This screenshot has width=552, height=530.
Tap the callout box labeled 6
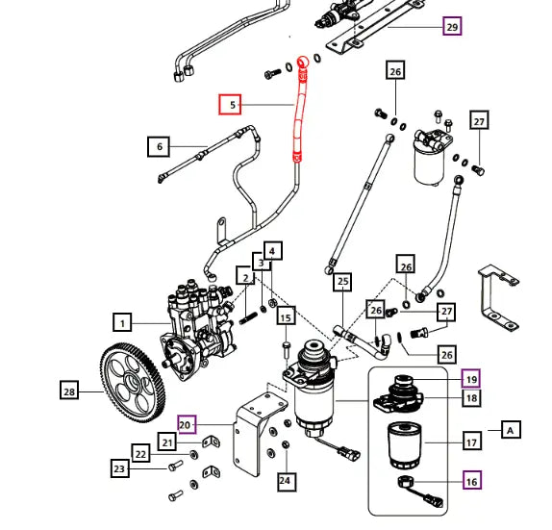159,147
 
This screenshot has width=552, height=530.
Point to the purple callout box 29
452,27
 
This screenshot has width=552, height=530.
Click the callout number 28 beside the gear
69,391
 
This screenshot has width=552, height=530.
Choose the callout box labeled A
510,430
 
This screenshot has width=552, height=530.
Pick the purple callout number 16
471,480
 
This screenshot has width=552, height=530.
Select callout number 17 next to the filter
471,442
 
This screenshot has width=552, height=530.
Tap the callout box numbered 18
471,397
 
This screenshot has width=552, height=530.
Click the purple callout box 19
471,377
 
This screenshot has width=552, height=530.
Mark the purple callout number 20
187,422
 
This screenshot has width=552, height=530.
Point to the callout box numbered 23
120,468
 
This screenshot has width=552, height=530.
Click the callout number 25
341,283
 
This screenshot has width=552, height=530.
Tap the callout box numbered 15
286,316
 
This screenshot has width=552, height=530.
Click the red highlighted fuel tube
295,111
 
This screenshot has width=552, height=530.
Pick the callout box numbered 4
273,252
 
